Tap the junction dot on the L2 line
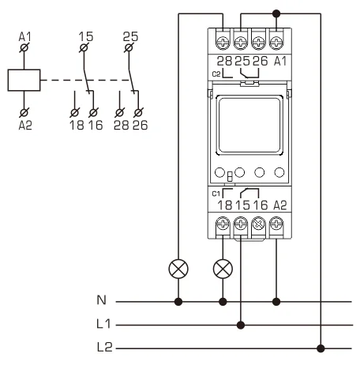pyautogui.click(x=321, y=347)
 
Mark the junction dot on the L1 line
pyautogui.click(x=241, y=324)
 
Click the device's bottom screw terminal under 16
pyautogui.click(x=258, y=224)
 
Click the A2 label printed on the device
pyautogui.click(x=276, y=204)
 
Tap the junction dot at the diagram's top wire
pyautogui.click(x=276, y=13)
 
